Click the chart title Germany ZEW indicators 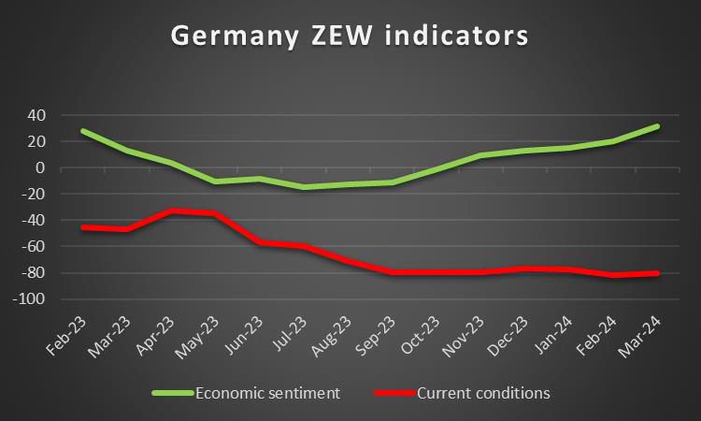[350, 36]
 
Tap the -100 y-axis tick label [31, 299]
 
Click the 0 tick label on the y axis [41, 168]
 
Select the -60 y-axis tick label [34, 247]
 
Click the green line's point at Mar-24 [657, 126]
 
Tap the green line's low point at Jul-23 [304, 187]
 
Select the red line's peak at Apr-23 [172, 210]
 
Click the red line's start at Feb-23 [84, 227]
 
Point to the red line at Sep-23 [392, 272]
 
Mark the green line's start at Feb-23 [84, 131]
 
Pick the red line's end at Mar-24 [657, 273]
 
